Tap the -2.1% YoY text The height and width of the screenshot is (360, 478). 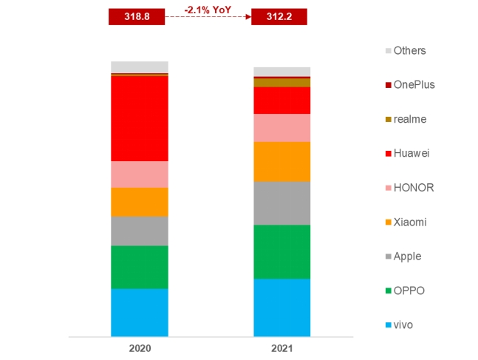click(x=208, y=10)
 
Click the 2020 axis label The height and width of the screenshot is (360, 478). click(x=140, y=347)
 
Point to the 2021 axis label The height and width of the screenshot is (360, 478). click(x=281, y=347)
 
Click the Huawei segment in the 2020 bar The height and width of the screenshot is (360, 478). click(x=140, y=118)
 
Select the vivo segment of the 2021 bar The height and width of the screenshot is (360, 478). click(x=281, y=307)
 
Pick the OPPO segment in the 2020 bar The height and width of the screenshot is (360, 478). click(x=140, y=267)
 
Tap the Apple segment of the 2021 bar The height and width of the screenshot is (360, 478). click(x=281, y=203)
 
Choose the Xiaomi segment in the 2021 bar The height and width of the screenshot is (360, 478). click(x=281, y=161)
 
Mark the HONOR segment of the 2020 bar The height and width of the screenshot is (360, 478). click(x=140, y=174)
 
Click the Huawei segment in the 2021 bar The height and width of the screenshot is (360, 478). click(x=281, y=100)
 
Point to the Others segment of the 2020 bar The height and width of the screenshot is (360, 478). click(x=140, y=67)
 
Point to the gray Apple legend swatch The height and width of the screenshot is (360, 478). click(x=388, y=257)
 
